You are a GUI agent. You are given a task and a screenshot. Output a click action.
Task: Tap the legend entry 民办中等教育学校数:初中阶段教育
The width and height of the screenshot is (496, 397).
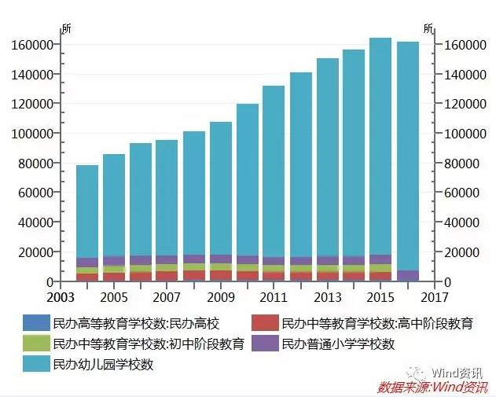click(148, 344)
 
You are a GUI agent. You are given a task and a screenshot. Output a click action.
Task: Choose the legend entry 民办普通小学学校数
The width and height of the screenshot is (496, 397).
click(338, 344)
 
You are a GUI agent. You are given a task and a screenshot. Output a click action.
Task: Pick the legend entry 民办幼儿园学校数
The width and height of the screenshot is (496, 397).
click(102, 364)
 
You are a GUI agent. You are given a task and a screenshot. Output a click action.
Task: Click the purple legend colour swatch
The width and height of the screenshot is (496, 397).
click(264, 344)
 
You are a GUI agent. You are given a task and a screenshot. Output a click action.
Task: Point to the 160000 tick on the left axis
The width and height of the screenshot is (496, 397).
click(32, 45)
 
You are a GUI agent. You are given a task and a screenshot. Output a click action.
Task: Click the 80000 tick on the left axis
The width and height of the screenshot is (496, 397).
click(35, 164)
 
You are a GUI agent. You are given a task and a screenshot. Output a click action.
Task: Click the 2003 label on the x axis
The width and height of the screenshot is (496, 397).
click(61, 299)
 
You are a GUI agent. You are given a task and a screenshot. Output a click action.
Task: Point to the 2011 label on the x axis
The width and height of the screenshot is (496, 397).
click(274, 299)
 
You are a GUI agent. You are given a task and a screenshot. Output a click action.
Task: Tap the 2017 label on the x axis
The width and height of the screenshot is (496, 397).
click(434, 299)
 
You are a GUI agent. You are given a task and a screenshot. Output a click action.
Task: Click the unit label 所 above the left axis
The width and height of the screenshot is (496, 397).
click(66, 29)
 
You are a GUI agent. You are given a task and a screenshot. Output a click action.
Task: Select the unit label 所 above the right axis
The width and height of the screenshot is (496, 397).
click(428, 29)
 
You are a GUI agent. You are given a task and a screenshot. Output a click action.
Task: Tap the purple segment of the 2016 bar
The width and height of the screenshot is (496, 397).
click(408, 276)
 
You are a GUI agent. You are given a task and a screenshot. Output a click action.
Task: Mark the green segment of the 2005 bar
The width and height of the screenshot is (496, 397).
click(114, 269)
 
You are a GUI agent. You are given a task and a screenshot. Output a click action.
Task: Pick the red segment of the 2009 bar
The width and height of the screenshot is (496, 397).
click(221, 276)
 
